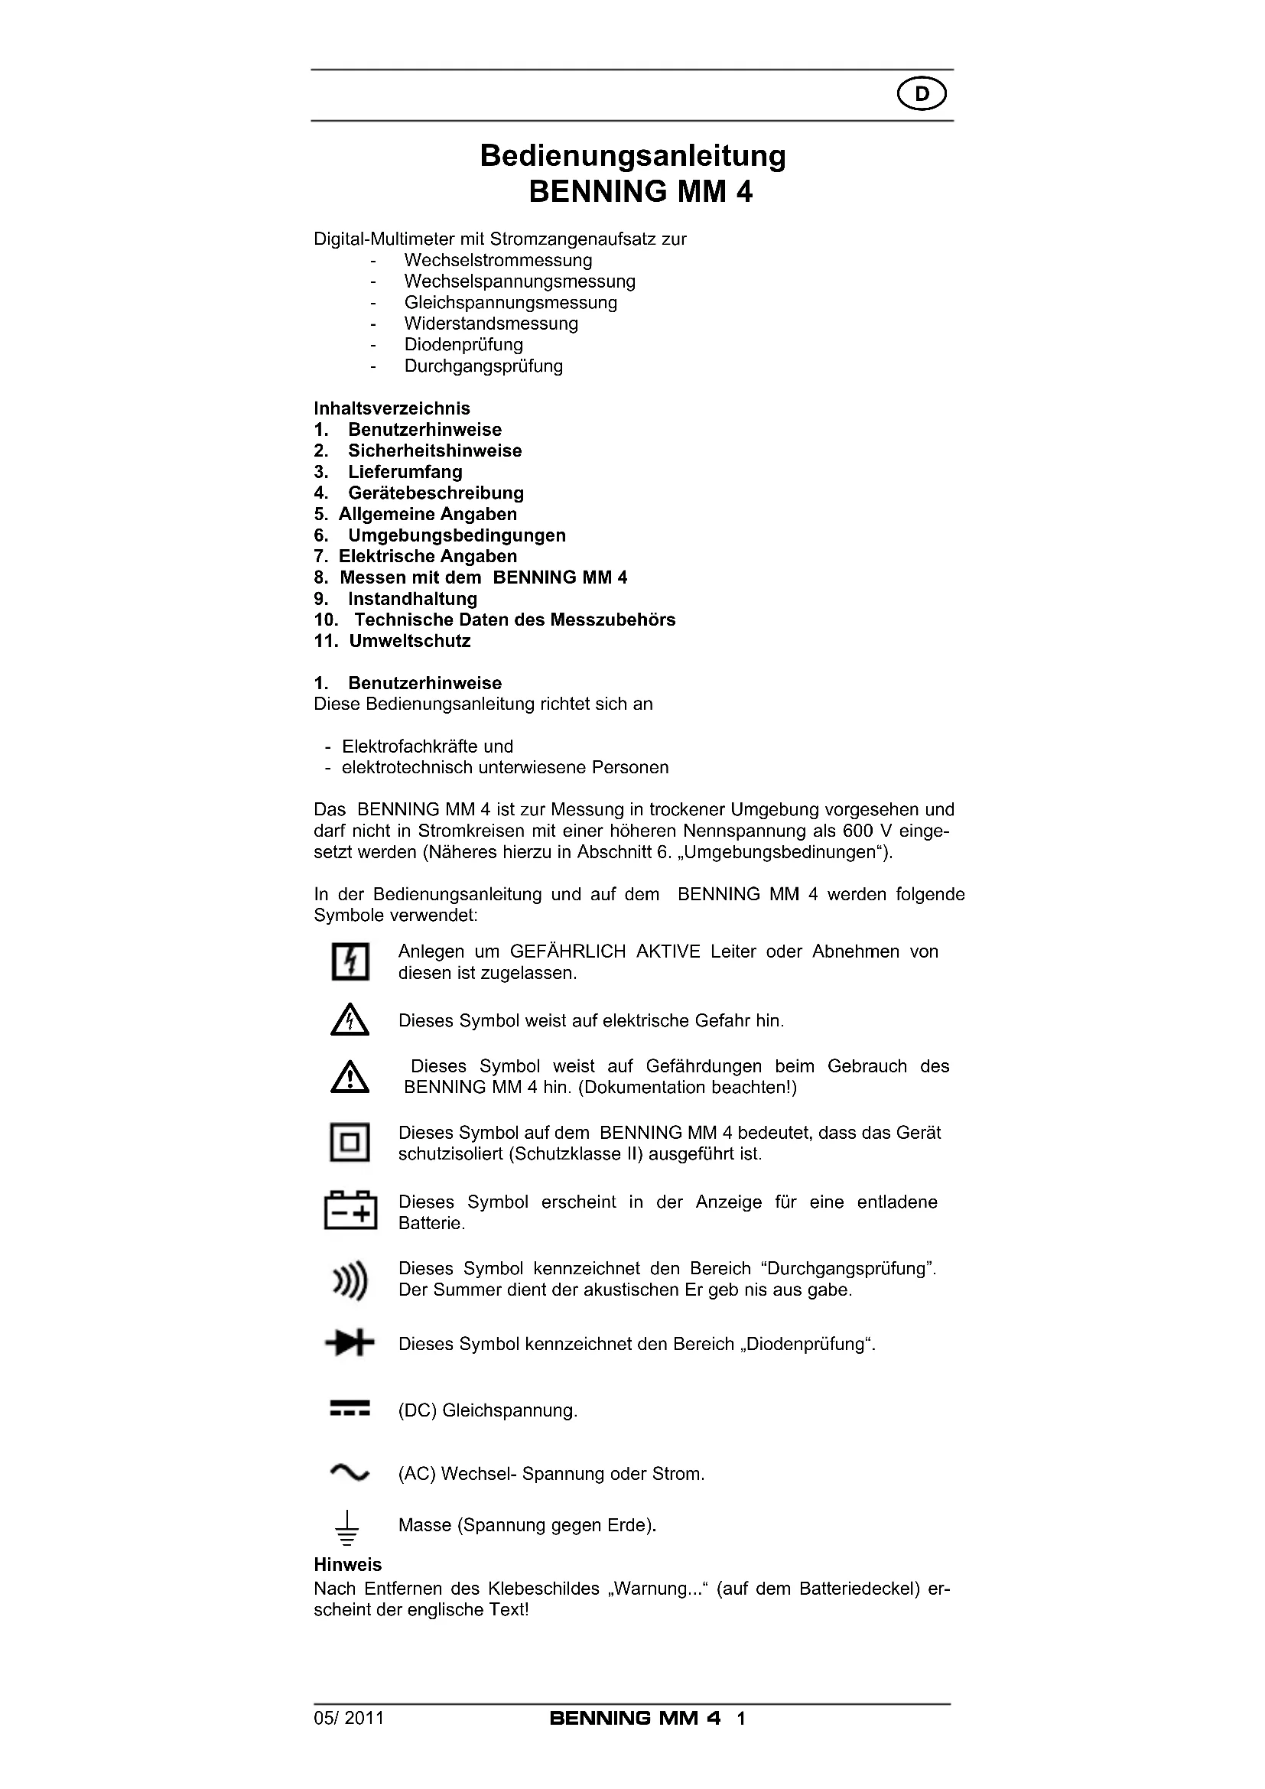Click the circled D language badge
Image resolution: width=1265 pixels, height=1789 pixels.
click(x=922, y=94)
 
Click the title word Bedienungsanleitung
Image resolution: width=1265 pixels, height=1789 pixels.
click(x=632, y=156)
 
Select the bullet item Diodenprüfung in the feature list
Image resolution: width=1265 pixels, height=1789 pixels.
click(x=463, y=344)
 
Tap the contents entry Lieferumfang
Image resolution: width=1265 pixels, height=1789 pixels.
click(x=405, y=471)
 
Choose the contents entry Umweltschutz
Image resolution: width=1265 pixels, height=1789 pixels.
click(x=410, y=640)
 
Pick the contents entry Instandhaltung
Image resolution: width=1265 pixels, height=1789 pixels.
click(x=412, y=598)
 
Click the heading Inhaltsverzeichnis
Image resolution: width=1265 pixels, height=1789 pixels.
click(x=392, y=408)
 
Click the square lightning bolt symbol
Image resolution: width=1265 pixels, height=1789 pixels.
click(x=350, y=961)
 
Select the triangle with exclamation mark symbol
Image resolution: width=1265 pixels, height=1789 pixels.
click(x=350, y=1077)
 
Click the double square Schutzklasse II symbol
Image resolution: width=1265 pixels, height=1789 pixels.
click(x=350, y=1142)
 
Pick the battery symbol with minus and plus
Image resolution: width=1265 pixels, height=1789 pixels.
click(x=350, y=1211)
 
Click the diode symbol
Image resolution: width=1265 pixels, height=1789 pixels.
click(x=350, y=1343)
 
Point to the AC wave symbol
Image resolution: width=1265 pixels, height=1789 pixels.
click(x=350, y=1472)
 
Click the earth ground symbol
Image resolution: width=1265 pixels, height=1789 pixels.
click(x=347, y=1527)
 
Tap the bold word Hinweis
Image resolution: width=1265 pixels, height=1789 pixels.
click(x=347, y=1565)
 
